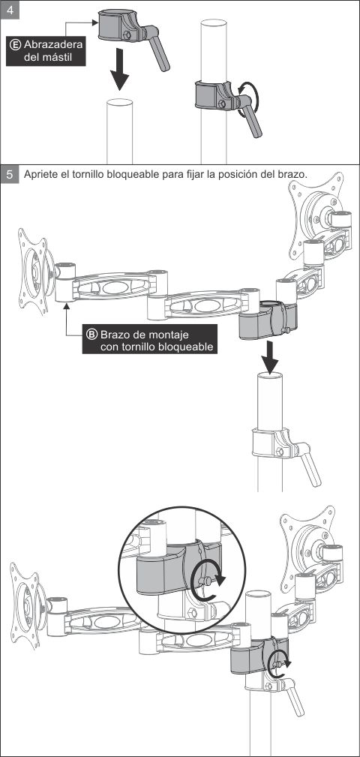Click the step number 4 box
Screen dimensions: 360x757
coord(10,10)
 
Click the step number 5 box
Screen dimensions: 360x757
coord(10,174)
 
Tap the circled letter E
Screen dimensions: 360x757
coord(15,45)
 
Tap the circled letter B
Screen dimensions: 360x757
coord(91,334)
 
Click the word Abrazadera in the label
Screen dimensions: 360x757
coord(52,45)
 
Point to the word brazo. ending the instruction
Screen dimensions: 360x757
coord(294,174)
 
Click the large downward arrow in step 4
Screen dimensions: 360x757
coord(119,69)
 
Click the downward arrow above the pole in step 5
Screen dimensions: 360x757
coord(271,357)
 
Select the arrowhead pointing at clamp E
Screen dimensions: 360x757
coord(94,22)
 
